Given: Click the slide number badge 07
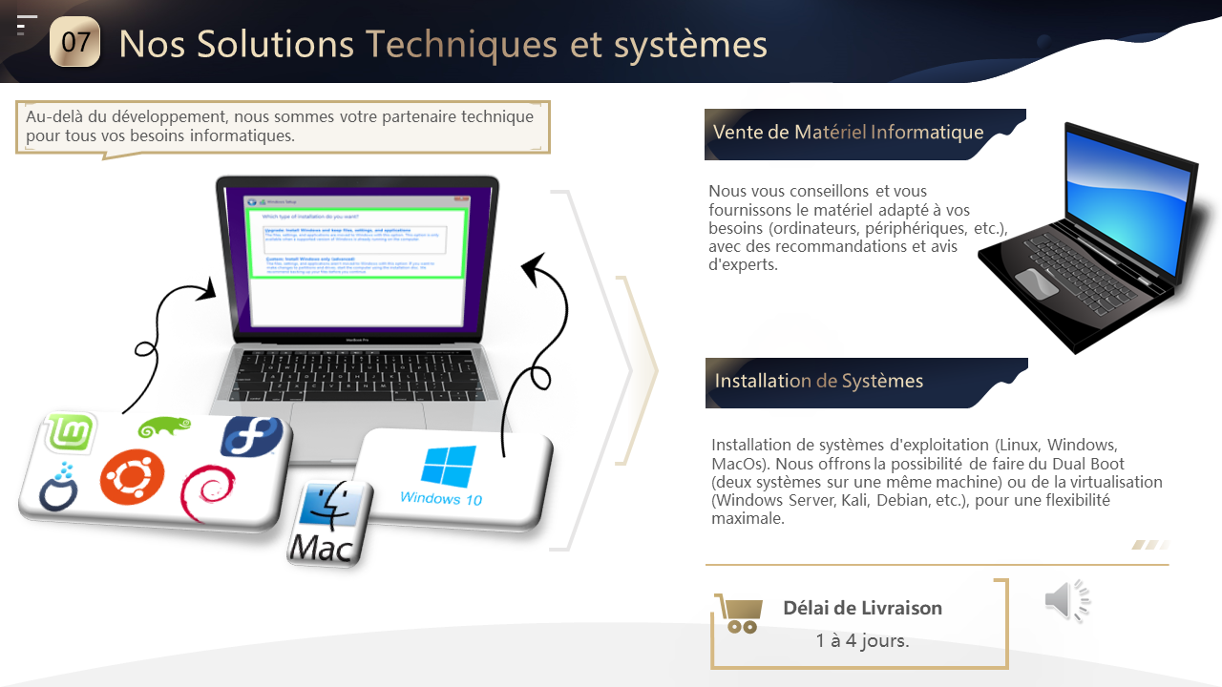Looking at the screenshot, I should pyautogui.click(x=74, y=42).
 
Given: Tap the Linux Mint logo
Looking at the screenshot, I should pyautogui.click(x=71, y=434).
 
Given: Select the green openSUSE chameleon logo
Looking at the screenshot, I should pyautogui.click(x=164, y=427).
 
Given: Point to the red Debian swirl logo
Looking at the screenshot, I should pyautogui.click(x=207, y=491).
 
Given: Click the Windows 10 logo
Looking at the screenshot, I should pyautogui.click(x=446, y=474).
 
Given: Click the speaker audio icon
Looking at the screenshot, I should pyautogui.click(x=1066, y=600).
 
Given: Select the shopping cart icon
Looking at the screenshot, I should pyautogui.click(x=739, y=614).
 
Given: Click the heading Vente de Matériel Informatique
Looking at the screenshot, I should pyautogui.click(x=848, y=132).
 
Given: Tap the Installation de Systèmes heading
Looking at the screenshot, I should pyautogui.click(x=818, y=381).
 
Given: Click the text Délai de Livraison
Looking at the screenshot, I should pyautogui.click(x=862, y=608).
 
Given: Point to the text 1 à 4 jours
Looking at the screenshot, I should pyautogui.click(x=862, y=640).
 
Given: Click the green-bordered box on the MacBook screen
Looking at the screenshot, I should pyautogui.click(x=356, y=243).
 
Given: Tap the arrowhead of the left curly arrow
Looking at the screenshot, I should pyautogui.click(x=205, y=290).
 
